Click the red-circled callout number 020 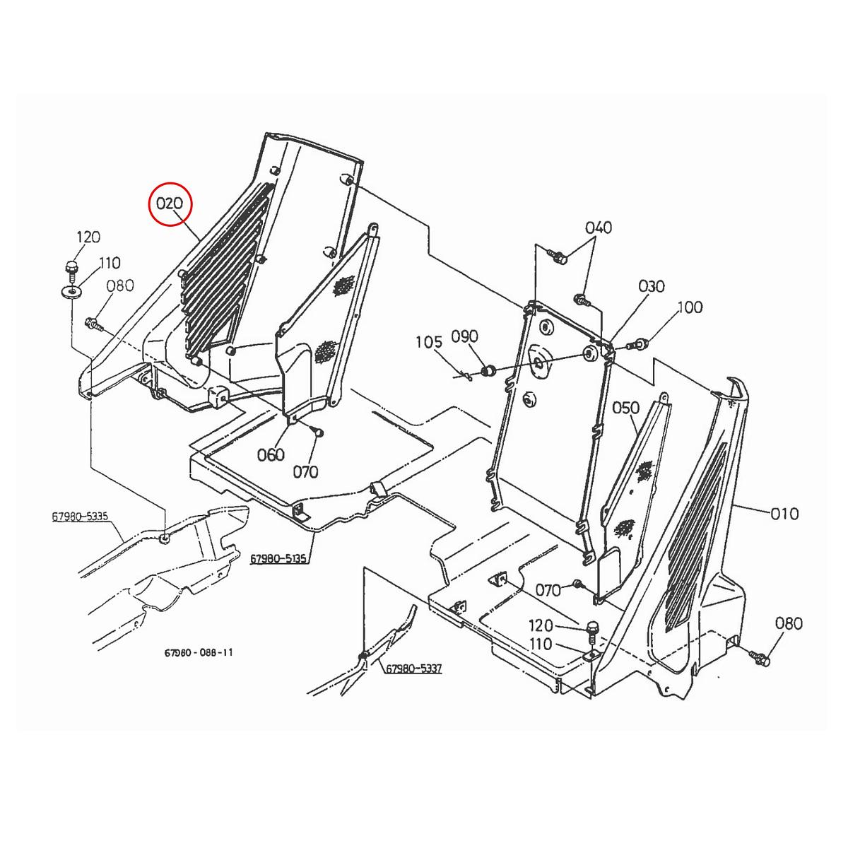[170, 204]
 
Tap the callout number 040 [599, 228]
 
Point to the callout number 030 [652, 286]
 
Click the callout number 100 [690, 307]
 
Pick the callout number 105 [429, 343]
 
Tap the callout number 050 [625, 408]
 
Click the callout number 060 [271, 454]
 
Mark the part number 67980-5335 [80, 517]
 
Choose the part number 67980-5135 [278, 560]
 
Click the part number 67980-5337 [413, 669]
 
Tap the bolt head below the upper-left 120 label [71, 268]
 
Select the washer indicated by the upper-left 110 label [71, 291]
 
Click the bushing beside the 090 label [486, 370]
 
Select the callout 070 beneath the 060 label [305, 472]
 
